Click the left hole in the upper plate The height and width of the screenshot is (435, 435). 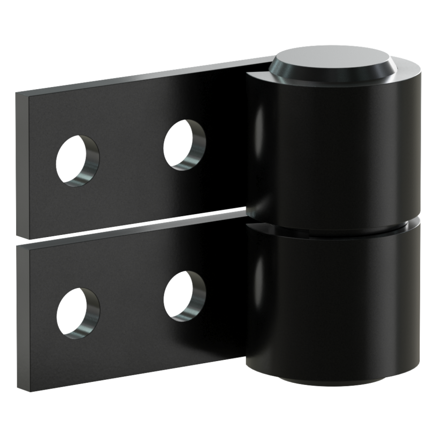(x=77, y=161)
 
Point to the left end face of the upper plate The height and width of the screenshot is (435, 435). (x=21, y=165)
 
